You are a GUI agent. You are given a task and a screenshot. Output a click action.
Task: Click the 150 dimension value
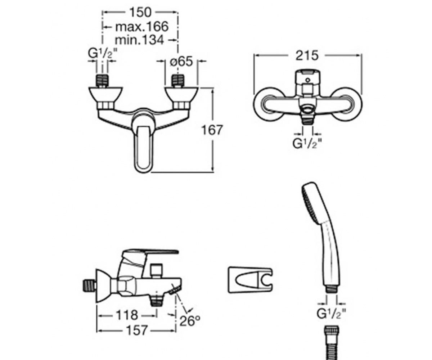coord(140,12)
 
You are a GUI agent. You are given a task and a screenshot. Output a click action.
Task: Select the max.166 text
coord(142,27)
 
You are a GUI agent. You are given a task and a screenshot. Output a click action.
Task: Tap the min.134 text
coord(139,40)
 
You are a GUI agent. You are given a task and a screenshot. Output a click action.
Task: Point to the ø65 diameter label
coord(181,62)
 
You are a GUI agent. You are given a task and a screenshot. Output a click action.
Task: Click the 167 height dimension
coord(212,130)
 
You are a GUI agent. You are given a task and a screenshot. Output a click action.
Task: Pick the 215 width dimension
coord(307,55)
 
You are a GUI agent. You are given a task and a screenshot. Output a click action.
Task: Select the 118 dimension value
coord(127,315)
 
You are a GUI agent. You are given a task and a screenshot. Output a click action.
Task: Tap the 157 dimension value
coord(136,330)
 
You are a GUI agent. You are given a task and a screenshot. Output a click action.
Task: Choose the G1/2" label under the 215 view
coord(307,143)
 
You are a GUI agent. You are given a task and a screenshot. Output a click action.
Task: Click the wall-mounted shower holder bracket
coord(250,280)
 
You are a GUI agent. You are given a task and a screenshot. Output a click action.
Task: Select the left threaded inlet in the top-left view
coord(102,81)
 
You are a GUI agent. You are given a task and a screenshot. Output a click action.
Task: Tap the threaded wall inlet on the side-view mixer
coord(89,285)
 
